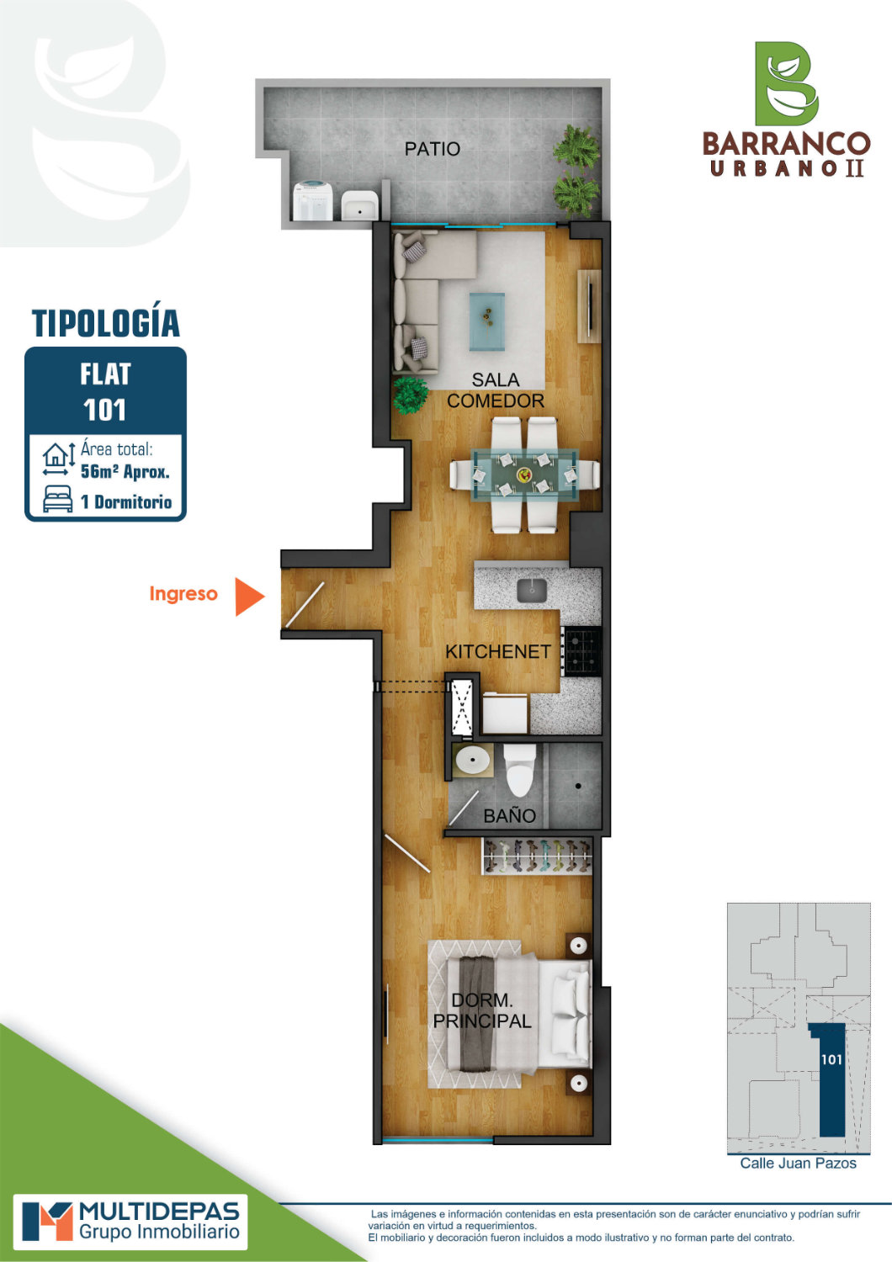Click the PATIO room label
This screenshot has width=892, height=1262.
tap(433, 149)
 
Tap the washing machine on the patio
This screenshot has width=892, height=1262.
tap(313, 200)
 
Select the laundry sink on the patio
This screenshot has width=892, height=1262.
tap(360, 204)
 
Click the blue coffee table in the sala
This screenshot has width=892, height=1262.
tap(487, 321)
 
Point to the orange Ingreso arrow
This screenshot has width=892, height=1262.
tap(250, 596)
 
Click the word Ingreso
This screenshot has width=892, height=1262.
tap(183, 594)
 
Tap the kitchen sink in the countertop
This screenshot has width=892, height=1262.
tap(532, 590)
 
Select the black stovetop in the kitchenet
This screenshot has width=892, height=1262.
tap(583, 652)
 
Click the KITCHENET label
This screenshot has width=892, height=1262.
tap(498, 652)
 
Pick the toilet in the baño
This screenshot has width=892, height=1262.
tap(519, 770)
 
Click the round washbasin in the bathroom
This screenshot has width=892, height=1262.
tap(472, 761)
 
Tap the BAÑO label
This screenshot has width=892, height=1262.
tap(509, 815)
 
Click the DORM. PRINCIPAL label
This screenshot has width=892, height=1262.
tap(482, 1010)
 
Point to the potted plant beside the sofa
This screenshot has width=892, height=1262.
tap(410, 395)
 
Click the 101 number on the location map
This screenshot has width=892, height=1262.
tap(831, 1060)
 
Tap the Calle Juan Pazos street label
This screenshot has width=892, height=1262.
tap(798, 1164)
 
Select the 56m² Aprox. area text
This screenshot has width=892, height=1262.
tap(125, 471)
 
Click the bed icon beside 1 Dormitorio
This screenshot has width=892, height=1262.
tap(58, 499)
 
